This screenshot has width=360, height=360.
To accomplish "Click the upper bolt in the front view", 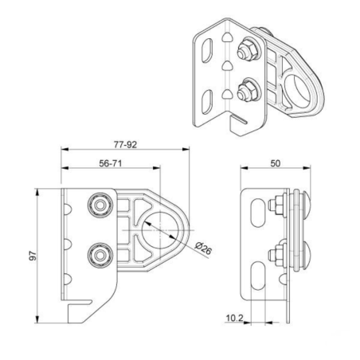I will [100, 206].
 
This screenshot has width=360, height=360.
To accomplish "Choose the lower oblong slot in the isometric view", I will [209, 101].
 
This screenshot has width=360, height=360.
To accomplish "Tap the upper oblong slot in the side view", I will [256, 213].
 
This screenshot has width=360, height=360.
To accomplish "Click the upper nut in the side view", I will [278, 207].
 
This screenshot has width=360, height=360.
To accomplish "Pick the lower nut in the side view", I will [278, 256].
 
